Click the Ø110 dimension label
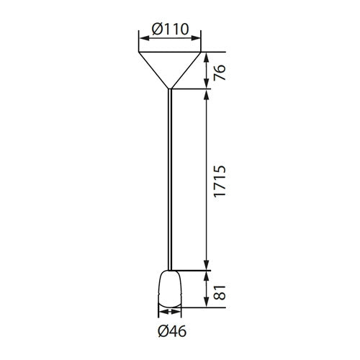170,30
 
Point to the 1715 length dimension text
220,179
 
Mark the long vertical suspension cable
170,180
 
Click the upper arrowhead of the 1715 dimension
207,94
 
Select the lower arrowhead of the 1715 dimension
207,266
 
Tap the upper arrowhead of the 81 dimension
207,274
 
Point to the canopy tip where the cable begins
170,89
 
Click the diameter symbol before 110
156,30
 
